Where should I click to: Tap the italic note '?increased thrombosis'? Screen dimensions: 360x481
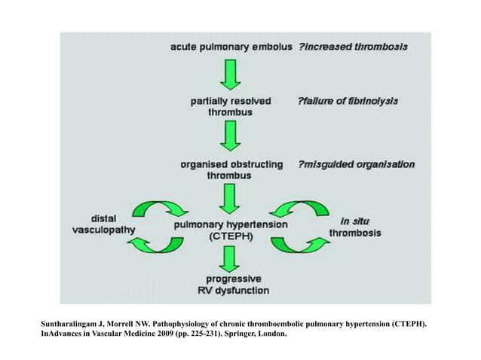click(x=354, y=47)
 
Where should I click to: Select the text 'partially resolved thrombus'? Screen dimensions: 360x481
click(x=231, y=105)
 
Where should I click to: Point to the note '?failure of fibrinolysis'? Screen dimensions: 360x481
click(x=348, y=99)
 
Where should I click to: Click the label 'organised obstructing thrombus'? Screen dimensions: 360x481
click(x=231, y=169)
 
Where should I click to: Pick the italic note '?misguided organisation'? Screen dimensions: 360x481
click(x=356, y=163)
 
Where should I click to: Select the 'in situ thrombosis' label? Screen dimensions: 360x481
click(x=354, y=227)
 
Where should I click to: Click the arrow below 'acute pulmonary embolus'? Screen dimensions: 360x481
click(x=230, y=74)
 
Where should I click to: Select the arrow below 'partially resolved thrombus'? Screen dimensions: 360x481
click(x=230, y=137)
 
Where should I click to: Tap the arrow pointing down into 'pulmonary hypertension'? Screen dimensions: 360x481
click(x=230, y=200)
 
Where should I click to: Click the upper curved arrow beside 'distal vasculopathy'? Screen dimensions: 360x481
click(x=161, y=208)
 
